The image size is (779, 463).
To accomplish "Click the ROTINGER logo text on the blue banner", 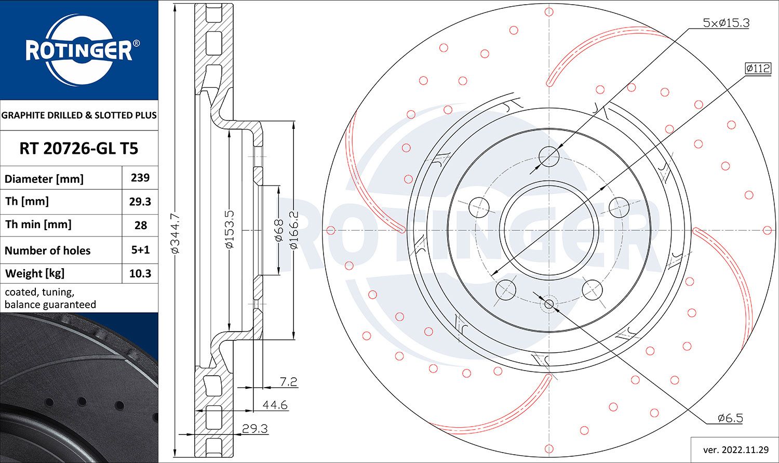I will coord(79,51).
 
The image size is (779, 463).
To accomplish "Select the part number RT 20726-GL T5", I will coord(79,149).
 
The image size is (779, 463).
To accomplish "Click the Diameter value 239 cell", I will coord(140,178).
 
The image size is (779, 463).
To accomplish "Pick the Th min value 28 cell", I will coord(140,225).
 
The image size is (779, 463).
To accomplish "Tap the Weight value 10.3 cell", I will coord(140,273).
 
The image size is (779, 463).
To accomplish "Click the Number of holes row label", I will coord(48,250).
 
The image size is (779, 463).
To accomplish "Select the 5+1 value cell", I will coord(140,250).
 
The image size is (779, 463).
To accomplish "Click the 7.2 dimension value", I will coord(288,382).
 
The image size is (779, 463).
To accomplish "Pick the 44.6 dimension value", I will coord(275,405).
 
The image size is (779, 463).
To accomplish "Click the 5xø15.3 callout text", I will coord(726,23).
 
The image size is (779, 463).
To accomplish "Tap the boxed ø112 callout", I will coord(758,68).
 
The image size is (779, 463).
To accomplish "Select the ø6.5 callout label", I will coord(730,418).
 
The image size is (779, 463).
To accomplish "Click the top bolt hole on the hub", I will coord(549,156).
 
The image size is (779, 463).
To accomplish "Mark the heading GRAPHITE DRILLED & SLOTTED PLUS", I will coord(79,115).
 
